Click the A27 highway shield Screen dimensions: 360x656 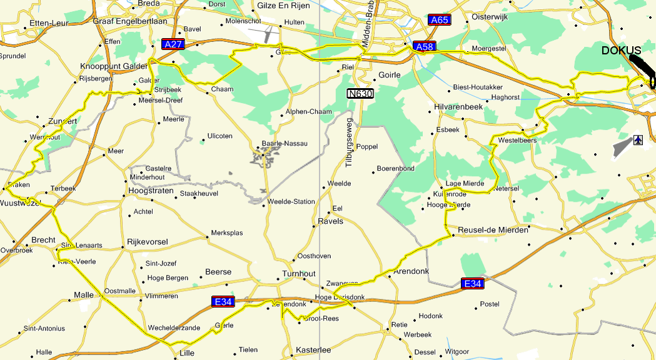point(172,44)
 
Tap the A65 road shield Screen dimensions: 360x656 point(440,20)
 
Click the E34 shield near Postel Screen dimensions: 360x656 point(472,284)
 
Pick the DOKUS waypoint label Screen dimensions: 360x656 point(621,51)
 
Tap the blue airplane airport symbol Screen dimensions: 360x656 point(638,139)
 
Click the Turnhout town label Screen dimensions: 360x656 point(300,274)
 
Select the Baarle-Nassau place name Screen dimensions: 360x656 point(285,143)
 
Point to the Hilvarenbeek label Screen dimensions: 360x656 point(459,107)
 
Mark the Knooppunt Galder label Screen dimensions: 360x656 point(113,66)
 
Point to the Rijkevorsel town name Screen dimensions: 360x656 point(148,241)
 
